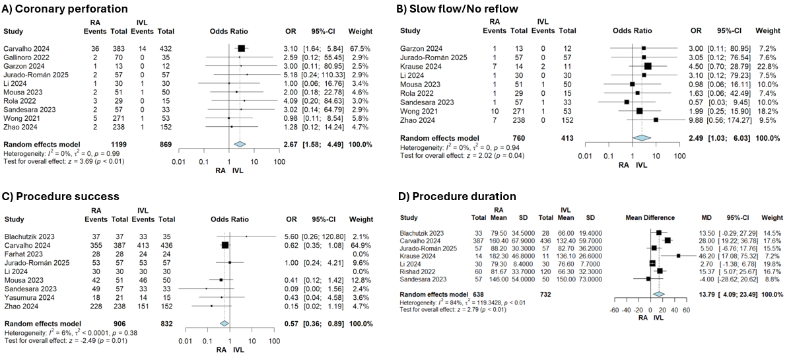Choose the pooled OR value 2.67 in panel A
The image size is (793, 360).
pos(288,162)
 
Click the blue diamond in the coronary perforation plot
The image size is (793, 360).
pos(240,162)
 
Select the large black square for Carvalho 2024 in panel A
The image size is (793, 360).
pos(241,48)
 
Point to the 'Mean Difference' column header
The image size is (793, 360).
pos(651,217)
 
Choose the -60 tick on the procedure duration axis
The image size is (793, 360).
pos(615,310)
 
